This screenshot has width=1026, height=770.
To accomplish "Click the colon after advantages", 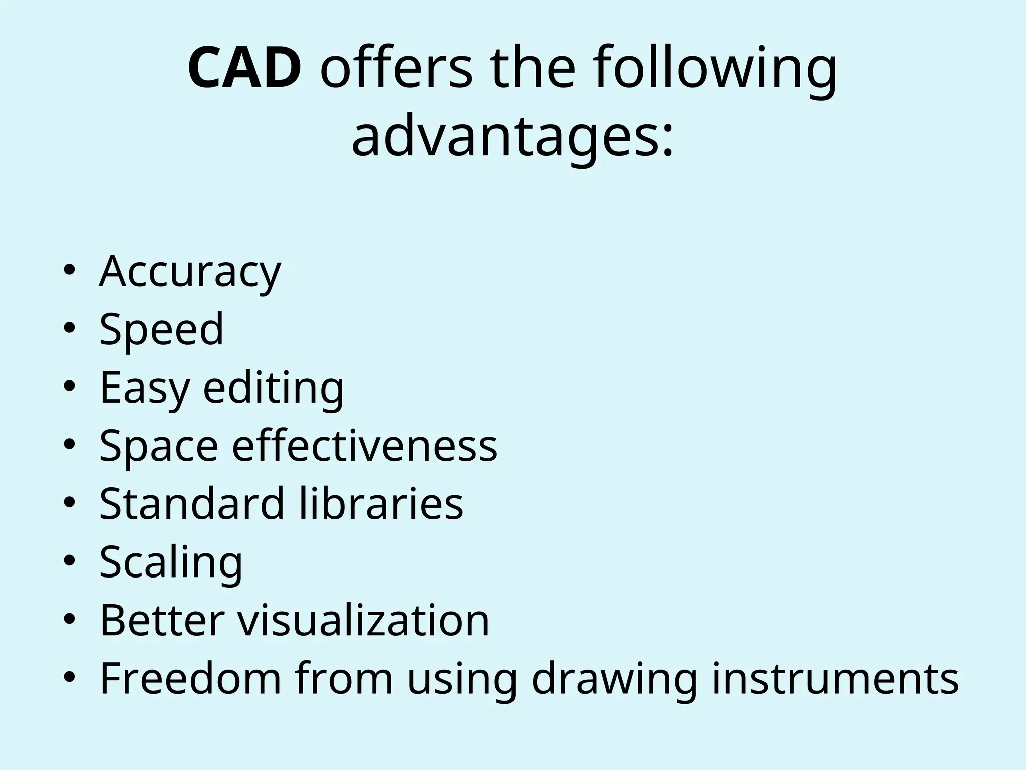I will click(667, 143).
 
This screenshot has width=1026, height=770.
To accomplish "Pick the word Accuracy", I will click(190, 272).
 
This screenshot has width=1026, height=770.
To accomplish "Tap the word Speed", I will click(161, 330).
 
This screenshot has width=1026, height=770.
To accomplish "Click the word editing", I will click(274, 388).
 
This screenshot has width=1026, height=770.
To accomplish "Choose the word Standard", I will click(192, 503).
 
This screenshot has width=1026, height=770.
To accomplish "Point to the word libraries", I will click(381, 503).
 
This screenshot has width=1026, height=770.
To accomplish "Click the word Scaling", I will click(171, 562).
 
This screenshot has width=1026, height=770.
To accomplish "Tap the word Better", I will click(161, 620).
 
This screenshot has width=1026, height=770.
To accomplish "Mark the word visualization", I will click(363, 620).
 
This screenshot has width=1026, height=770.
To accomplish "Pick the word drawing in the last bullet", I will click(614, 679).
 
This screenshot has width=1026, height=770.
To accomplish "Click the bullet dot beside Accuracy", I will click(69, 271).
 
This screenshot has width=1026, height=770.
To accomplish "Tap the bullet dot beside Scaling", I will click(69, 562).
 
